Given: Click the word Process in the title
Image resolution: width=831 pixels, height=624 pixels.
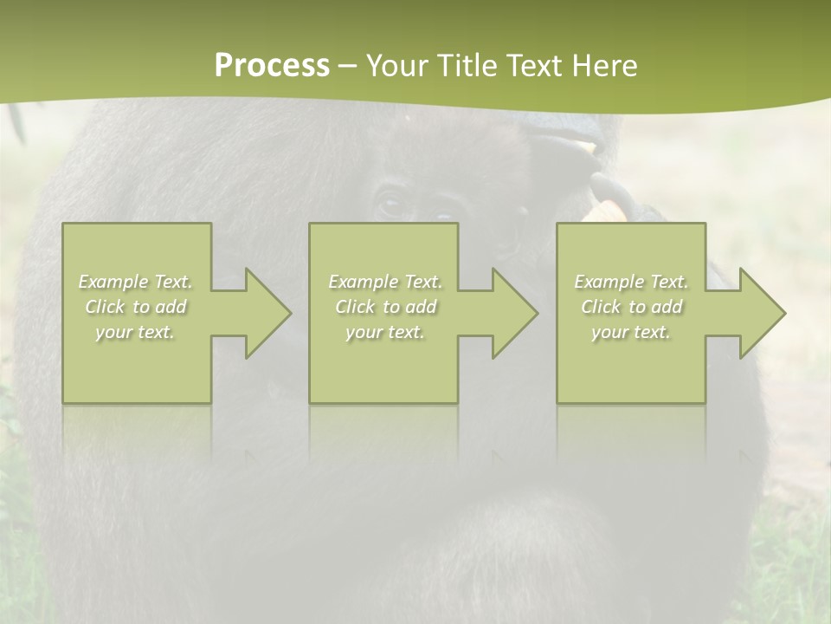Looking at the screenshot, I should click(272, 66).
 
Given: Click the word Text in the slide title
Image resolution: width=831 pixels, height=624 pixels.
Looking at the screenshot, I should click(535, 66).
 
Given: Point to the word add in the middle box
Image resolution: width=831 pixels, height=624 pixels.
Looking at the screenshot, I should click(421, 307).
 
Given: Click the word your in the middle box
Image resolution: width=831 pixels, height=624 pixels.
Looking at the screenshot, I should click(364, 332).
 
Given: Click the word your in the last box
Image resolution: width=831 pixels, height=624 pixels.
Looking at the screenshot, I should click(609, 332).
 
